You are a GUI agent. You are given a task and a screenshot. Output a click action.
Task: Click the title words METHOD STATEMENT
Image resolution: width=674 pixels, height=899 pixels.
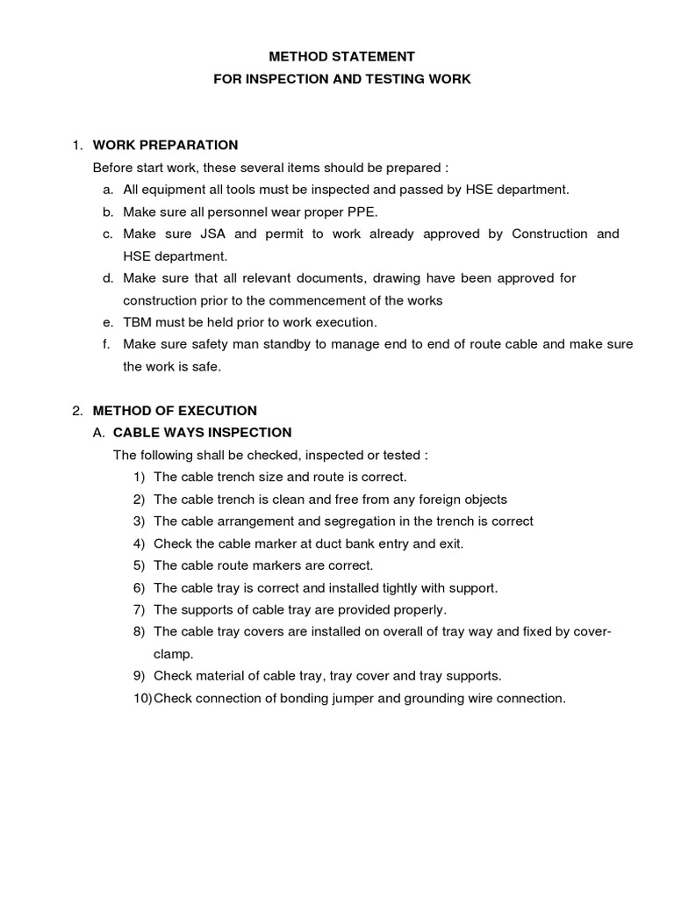(x=342, y=56)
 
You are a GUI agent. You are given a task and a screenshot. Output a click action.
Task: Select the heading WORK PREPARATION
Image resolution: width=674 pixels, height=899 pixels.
(x=165, y=145)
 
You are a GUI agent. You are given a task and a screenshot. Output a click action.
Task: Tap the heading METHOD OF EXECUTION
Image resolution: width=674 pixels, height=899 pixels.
(x=175, y=410)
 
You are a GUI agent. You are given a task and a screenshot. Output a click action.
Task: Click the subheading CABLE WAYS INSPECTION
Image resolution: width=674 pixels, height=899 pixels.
(x=203, y=432)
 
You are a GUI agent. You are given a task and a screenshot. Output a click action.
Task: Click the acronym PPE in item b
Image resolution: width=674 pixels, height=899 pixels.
(x=361, y=212)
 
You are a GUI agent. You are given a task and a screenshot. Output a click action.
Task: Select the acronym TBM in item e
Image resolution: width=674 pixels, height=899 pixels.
(x=138, y=321)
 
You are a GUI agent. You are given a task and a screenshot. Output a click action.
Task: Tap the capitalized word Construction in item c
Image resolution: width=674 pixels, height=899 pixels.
(x=549, y=234)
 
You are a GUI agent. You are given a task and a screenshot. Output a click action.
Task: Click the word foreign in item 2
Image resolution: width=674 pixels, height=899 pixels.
(x=420, y=499)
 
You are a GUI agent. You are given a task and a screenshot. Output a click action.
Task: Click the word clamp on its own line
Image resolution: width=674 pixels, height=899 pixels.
(x=173, y=654)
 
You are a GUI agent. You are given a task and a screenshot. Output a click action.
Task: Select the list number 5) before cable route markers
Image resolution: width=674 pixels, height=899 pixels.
(x=139, y=565)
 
